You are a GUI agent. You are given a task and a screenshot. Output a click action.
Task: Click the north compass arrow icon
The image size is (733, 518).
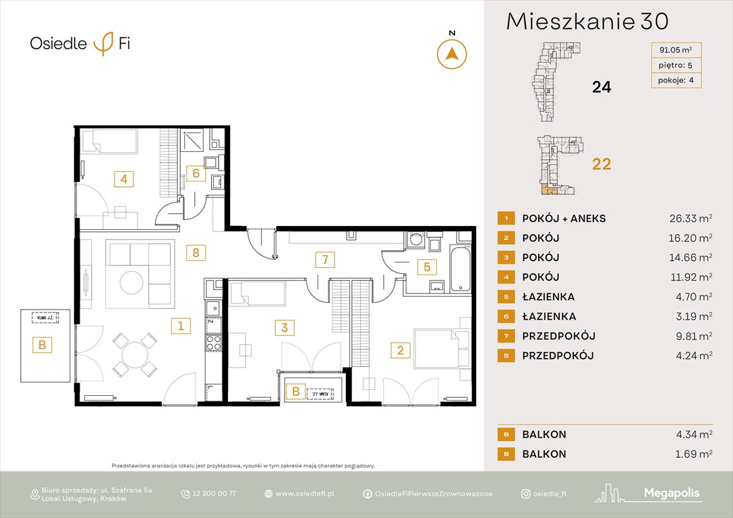(x=452, y=53)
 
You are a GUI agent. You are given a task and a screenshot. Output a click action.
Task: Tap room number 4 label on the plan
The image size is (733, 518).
(x=124, y=179)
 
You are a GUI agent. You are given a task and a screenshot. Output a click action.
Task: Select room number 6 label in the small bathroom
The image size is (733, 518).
(x=196, y=173)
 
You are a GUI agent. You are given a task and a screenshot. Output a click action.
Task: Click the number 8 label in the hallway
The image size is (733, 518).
(x=196, y=253)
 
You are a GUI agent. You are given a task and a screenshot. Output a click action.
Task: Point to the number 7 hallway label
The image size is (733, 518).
(x=324, y=258)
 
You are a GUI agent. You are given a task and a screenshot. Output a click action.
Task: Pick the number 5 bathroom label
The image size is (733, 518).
(x=426, y=266)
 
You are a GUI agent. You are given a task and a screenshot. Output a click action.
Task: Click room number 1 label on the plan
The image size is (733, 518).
(x=180, y=326)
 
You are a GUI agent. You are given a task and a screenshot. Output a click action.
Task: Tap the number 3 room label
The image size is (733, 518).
(x=285, y=328)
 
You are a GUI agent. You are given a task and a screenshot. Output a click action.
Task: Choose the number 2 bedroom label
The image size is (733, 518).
(x=401, y=349)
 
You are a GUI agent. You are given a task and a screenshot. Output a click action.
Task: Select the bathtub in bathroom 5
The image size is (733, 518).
(x=462, y=268)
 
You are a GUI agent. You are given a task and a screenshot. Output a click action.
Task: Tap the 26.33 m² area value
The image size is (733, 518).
(x=687, y=219)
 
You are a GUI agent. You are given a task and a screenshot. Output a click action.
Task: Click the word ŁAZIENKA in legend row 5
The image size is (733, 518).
(x=548, y=297)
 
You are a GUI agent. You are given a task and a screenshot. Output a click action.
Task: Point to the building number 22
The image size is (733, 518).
(x=601, y=164)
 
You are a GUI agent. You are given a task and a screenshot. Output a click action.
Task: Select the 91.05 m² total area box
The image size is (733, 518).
(x=675, y=49)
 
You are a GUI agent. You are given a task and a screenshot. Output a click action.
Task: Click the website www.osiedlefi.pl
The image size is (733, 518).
(x=305, y=494)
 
